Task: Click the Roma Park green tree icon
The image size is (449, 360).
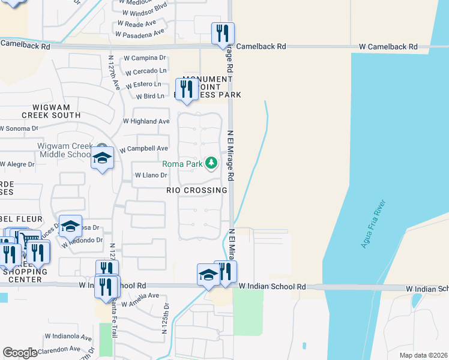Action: click(211, 163)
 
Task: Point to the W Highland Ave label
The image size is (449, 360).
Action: click(146, 121)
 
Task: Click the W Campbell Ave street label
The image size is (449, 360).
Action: click(144, 148)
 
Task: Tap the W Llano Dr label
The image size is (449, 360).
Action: click(150, 175)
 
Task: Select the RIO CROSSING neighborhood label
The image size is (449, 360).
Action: click(197, 190)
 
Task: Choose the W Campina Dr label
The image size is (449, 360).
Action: click(145, 58)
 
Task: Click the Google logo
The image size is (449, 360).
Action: click(20, 353)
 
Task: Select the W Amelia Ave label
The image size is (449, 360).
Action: click(140, 296)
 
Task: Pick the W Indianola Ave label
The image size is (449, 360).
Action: click(68, 337)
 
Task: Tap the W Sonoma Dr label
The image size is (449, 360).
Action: click(19, 128)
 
